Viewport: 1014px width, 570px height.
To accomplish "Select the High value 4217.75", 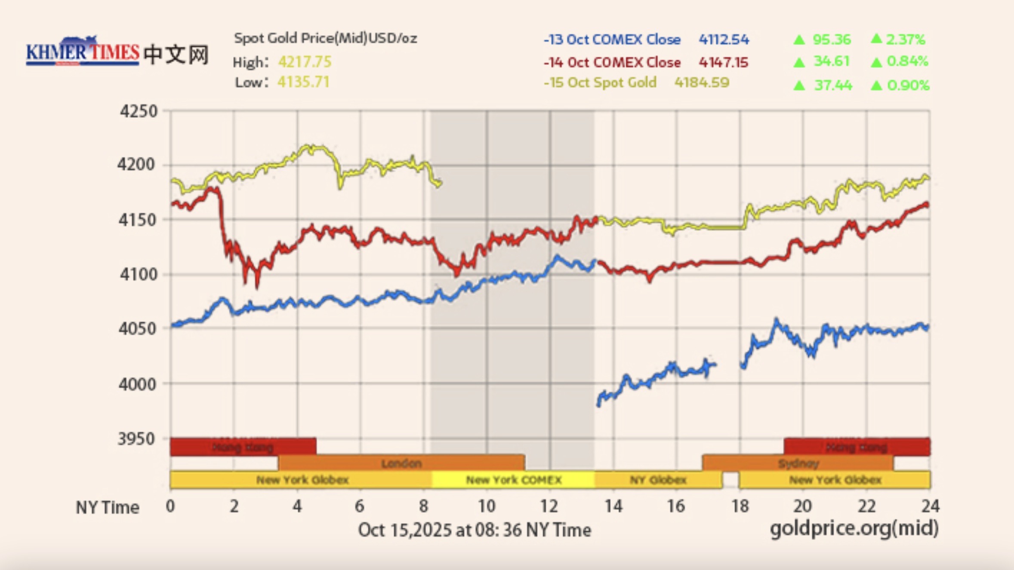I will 305,62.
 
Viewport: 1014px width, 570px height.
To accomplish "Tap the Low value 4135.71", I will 303,82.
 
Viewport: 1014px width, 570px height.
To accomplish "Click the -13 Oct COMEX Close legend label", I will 612,40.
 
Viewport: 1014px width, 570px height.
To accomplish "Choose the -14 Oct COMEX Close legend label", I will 612,62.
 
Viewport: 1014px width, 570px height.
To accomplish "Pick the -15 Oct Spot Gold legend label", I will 600,82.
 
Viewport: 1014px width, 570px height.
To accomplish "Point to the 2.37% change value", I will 905,40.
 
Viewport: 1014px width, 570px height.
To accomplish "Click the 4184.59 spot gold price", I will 702,82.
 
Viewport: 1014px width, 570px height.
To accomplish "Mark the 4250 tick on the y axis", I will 139,111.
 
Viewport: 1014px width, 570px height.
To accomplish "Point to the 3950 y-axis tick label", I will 137,439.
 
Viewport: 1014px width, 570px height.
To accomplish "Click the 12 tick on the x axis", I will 549,506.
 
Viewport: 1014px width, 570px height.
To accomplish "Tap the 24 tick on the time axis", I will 930,506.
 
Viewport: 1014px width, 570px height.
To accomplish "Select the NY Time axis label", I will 108,508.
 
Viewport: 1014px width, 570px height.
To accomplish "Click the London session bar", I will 401,463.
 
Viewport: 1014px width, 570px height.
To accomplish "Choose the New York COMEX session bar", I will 514,480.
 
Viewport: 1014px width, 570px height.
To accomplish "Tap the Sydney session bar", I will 798,463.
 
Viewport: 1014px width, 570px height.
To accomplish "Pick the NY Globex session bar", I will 658,480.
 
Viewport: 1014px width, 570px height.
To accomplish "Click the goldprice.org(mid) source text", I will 854,528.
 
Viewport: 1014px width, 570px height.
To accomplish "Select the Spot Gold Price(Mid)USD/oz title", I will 326,38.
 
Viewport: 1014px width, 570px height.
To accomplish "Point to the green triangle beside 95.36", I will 799,40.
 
